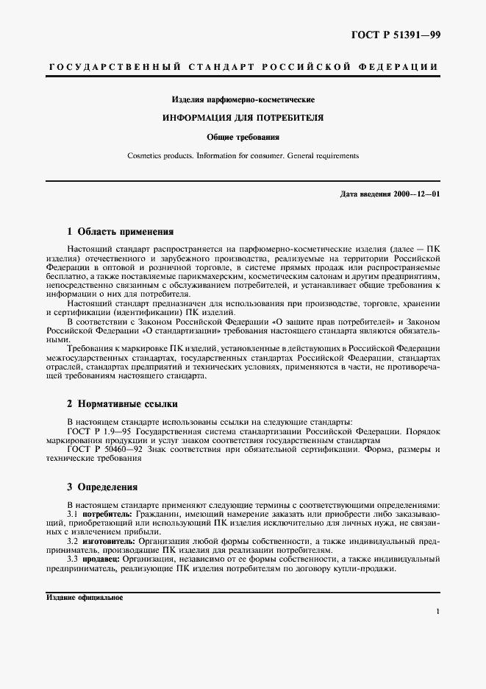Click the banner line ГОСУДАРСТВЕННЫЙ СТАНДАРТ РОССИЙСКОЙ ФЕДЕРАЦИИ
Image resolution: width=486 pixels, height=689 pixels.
tap(243, 67)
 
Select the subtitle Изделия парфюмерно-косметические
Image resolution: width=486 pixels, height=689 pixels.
tap(243, 99)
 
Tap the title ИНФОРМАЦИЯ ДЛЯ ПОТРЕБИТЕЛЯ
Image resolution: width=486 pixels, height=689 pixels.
tap(243, 118)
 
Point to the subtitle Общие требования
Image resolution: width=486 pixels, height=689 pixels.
tap(243, 137)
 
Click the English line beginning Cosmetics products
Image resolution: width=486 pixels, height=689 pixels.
tap(243, 156)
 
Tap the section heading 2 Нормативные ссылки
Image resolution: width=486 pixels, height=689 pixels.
tap(121, 403)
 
